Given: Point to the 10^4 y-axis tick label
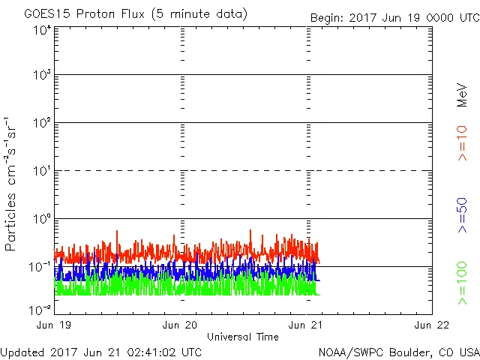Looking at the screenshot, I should [41, 30].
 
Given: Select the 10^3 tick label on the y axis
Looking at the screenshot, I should [41, 75].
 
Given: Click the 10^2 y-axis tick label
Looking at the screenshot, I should [41, 122].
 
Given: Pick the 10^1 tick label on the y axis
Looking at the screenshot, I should [41, 170].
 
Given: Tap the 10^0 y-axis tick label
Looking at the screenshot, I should [41, 218].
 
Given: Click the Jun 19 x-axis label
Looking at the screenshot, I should [55, 325].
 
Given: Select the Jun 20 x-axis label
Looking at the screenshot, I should [181, 325].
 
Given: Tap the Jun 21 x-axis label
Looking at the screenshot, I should [307, 325].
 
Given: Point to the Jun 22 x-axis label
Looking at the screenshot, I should [431, 325].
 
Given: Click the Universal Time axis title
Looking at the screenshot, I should [243, 337].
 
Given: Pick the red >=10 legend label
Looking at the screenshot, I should [462, 142].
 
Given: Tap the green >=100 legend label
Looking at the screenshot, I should [462, 283].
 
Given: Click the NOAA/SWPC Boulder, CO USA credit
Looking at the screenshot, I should [398, 351].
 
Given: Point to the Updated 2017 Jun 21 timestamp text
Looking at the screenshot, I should [101, 351].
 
